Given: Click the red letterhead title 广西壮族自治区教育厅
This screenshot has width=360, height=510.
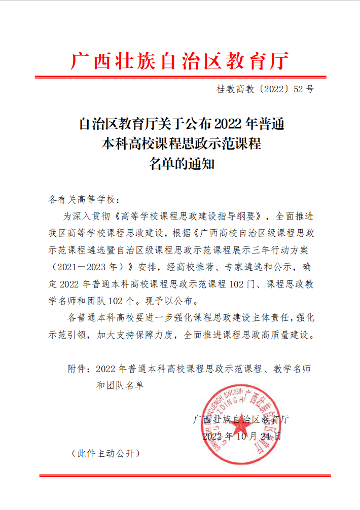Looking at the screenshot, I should pos(180,61).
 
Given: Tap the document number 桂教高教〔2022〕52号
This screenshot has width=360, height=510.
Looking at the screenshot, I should pos(266,89).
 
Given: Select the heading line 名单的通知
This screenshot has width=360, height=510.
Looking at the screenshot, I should pos(180,164).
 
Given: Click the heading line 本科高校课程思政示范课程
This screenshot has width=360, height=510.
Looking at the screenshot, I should pos(180,143).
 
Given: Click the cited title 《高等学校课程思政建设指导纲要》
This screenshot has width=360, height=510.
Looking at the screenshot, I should pos(188,216).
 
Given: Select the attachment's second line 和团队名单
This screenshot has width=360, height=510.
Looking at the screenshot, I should pos(120,385).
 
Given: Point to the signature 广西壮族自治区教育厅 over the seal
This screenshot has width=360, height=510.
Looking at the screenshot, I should pos(240,419).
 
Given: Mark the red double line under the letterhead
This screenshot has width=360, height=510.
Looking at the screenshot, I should pos(180,77).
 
